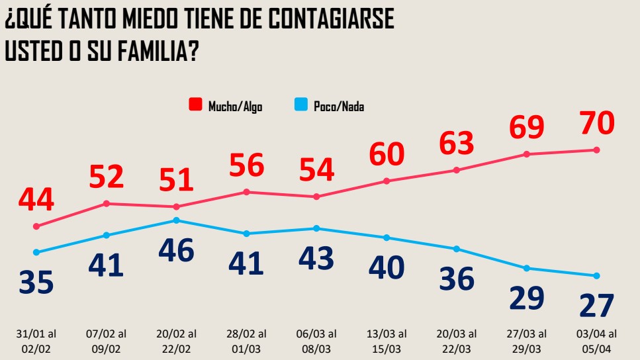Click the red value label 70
[596, 122]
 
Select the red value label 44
[36, 199]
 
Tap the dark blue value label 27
[596, 306]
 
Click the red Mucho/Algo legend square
[195, 105]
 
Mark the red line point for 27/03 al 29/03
[527, 154]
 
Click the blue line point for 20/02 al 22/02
[176, 220]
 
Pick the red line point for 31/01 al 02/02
[36, 226]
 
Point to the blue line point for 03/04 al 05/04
[596, 276]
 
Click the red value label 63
[457, 142]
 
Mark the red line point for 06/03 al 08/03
[316, 197]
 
